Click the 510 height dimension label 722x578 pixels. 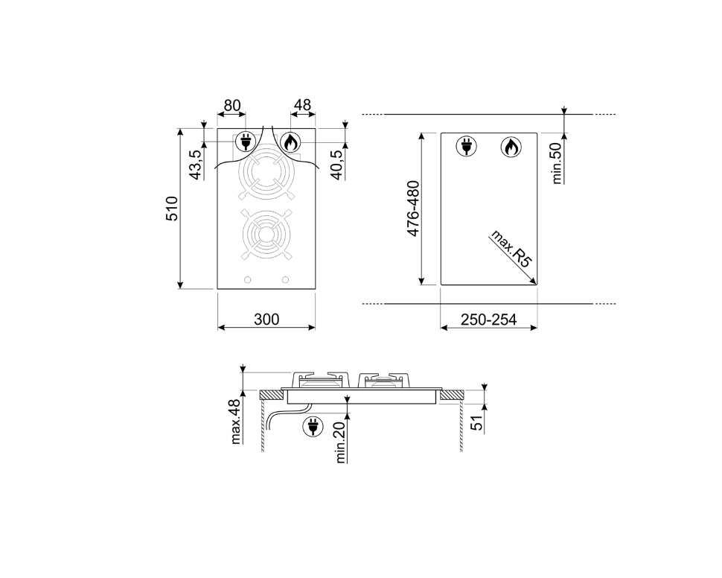pyautogui.click(x=172, y=209)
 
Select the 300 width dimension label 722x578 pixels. pyautogui.click(x=266, y=319)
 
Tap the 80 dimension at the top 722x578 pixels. pyautogui.click(x=232, y=106)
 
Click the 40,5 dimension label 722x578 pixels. pyautogui.click(x=337, y=165)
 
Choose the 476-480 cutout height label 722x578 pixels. pyautogui.click(x=414, y=209)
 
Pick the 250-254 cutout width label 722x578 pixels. pyautogui.click(x=488, y=319)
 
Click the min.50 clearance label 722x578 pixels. pyautogui.click(x=557, y=163)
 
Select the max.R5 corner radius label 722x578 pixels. pyautogui.click(x=511, y=249)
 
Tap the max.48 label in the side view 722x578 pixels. pyautogui.click(x=235, y=422)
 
